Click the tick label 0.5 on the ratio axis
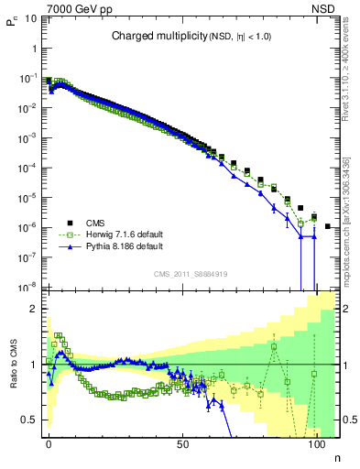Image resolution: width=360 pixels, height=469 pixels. click(x=30, y=420)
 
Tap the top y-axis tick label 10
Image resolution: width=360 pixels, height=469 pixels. click(x=29, y=19)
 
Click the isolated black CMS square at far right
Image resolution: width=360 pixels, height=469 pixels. click(x=328, y=225)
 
